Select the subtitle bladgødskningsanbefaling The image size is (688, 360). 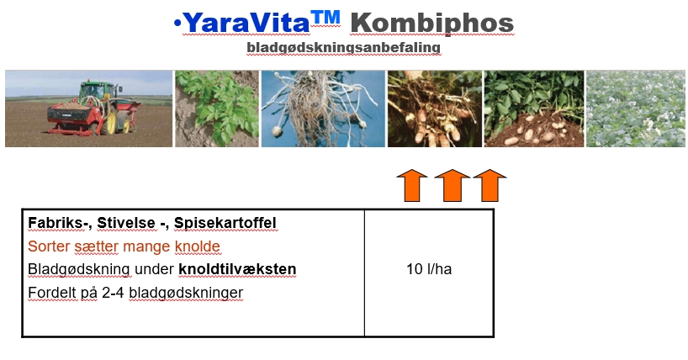(x=343, y=48)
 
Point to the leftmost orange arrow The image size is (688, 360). (x=411, y=185)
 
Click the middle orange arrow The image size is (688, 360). (x=452, y=185)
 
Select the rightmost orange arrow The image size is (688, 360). (x=490, y=185)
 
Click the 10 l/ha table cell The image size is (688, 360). (x=428, y=270)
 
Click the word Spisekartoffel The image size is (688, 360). (x=225, y=223)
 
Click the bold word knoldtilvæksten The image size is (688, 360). (x=237, y=269)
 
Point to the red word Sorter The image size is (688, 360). (x=49, y=246)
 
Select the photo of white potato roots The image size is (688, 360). (x=323, y=109)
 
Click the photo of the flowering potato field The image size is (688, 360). (x=636, y=109)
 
